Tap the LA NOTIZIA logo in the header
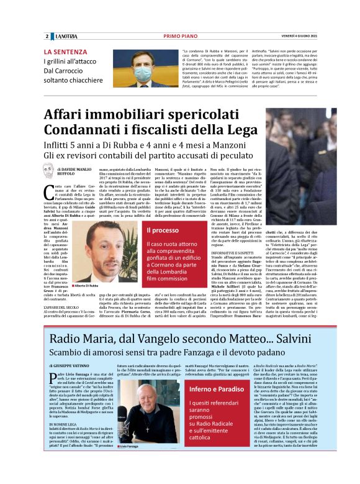click(64, 36)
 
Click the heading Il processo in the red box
click(163, 230)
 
